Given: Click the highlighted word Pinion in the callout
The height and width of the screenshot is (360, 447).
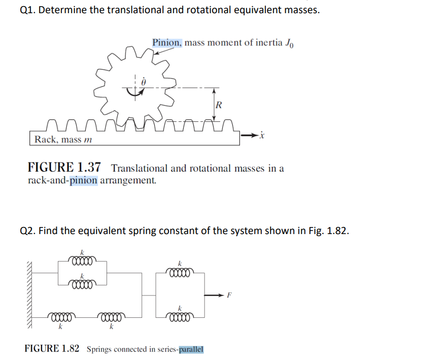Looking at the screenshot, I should pyautogui.click(x=166, y=42).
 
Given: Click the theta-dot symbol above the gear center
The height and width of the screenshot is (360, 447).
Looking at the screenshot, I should pyautogui.click(x=144, y=81).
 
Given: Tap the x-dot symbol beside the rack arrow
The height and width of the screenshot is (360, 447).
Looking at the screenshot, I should pyautogui.click(x=262, y=136).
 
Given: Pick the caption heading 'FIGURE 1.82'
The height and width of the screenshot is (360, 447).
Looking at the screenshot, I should pyautogui.click(x=52, y=349).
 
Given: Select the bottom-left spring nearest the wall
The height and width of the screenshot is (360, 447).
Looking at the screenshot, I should pyautogui.click(x=60, y=318).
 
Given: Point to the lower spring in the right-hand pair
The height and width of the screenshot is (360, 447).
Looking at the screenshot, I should pyautogui.click(x=179, y=318).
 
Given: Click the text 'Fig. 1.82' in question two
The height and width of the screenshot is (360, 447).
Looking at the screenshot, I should pyautogui.click(x=328, y=231).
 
